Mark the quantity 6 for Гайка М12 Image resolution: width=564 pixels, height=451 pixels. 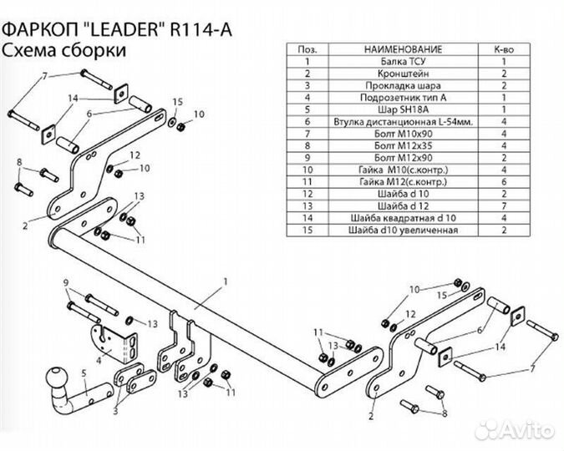(504, 181)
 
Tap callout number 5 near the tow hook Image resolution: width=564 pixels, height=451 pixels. (83, 372)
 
